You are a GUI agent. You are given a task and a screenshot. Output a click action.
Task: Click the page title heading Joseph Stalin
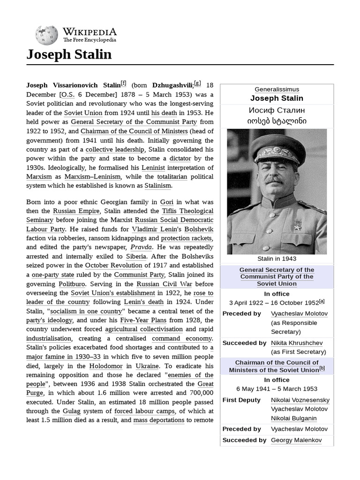click(69, 55)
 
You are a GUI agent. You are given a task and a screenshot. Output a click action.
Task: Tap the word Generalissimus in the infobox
click(277, 89)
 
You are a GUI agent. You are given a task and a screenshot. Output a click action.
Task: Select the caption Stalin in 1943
click(277, 258)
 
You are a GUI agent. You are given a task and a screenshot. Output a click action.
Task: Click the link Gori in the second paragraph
click(167, 202)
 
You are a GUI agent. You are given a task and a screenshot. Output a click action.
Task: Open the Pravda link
click(141, 247)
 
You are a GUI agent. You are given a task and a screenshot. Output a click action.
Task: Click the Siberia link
click(136, 256)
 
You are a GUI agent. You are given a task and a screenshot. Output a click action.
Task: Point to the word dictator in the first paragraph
click(180, 158)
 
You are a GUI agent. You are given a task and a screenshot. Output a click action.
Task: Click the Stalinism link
click(157, 186)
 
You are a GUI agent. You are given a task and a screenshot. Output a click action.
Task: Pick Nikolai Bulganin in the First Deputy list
click(293, 418)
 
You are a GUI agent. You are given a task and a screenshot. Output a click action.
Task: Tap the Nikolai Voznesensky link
click(300, 400)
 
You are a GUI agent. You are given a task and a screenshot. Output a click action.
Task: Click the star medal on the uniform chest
click(296, 226)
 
